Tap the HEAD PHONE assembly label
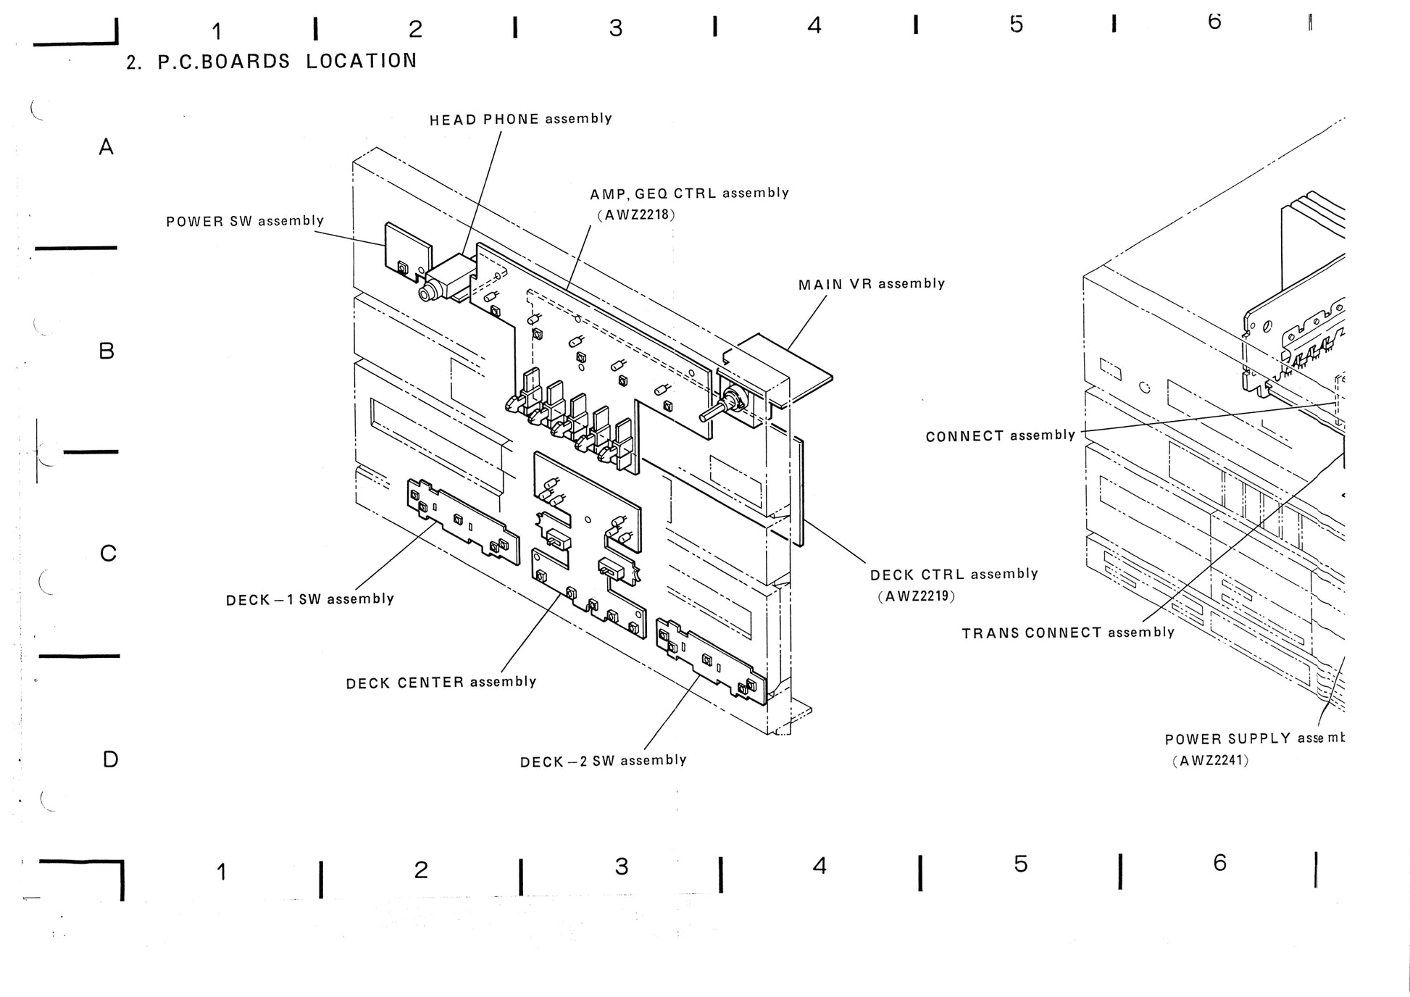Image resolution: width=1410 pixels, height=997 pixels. coord(520,119)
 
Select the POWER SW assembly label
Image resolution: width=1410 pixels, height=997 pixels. coord(244,221)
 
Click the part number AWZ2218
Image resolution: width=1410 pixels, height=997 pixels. coord(636,214)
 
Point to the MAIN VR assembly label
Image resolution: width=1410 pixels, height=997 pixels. coord(871,284)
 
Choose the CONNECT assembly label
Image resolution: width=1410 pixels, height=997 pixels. coord(1000,435)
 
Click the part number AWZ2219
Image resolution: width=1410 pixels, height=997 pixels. coord(917,596)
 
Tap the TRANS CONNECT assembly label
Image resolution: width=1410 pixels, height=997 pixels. coord(1067,633)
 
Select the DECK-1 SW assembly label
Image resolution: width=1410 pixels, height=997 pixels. coord(309,599)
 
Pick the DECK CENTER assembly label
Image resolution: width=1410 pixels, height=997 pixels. coord(441,683)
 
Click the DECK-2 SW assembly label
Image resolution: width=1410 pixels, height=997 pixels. coord(603,761)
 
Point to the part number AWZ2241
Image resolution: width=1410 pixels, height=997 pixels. coord(1211,761)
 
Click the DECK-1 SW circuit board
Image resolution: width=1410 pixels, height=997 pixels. coord(463,521)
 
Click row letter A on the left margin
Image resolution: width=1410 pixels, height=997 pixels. coord(107,147)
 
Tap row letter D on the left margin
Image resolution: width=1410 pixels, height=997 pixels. coord(110,759)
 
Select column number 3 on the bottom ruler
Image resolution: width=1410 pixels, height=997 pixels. coord(621,867)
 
